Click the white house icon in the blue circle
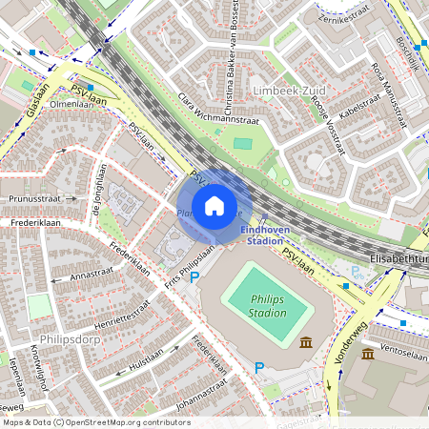click(x=214, y=206)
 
